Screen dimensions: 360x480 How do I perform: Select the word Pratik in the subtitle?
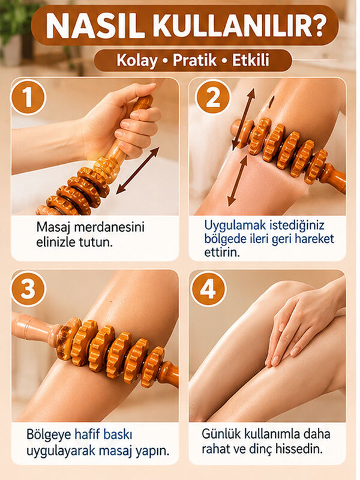coord(194,61)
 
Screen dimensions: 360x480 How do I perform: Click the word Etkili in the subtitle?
coord(251,59)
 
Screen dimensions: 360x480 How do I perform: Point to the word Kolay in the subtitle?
coord(137,61)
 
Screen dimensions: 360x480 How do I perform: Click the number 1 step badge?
coord(28,97)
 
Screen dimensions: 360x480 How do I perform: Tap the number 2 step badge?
coord(213,97)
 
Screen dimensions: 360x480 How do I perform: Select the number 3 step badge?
coord(28,289)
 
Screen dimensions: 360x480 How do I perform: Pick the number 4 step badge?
coord(208,289)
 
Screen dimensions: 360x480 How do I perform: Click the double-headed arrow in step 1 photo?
coord(138,170)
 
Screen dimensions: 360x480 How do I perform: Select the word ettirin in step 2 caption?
coord(221,253)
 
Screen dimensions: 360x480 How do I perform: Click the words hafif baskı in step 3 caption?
coord(103,434)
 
